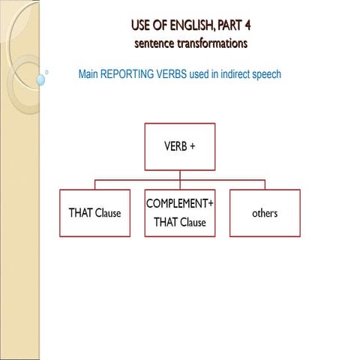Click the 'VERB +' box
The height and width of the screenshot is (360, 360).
click(179, 146)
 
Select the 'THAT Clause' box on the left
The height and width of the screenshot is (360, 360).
click(94, 213)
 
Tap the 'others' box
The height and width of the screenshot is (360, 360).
click(265, 213)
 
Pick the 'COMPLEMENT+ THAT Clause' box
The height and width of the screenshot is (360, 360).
click(179, 213)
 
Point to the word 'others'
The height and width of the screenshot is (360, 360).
click(265, 213)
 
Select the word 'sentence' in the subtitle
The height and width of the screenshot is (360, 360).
click(154, 43)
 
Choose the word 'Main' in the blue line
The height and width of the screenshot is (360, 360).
click(89, 75)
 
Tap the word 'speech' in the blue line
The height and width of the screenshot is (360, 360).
click(265, 75)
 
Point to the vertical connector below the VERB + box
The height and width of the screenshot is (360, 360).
click(179, 175)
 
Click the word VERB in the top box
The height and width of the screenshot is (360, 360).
click(174, 146)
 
